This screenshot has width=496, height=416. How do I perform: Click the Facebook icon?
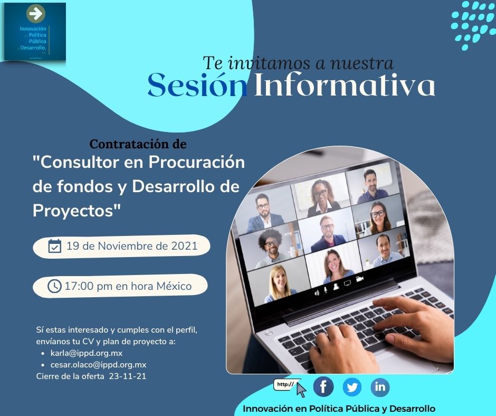click(x=323, y=387)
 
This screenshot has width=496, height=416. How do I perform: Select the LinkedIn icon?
click(x=380, y=387)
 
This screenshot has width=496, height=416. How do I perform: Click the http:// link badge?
click(x=287, y=385)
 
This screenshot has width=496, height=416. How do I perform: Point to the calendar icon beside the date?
click(x=55, y=246)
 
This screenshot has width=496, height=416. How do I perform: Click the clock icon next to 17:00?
click(x=54, y=286)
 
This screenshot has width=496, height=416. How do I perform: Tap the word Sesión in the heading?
click(x=197, y=86)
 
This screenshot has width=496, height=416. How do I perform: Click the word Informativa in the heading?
click(x=344, y=86)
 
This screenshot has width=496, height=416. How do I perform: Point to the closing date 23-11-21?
click(x=127, y=376)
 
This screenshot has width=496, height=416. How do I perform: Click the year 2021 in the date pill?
click(x=185, y=246)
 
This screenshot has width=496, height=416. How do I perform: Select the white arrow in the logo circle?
click(x=35, y=13)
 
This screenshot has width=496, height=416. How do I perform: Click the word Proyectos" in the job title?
click(x=77, y=210)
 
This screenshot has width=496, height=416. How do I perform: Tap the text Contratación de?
click(x=138, y=144)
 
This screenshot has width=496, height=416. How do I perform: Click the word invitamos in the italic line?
click(x=269, y=63)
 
